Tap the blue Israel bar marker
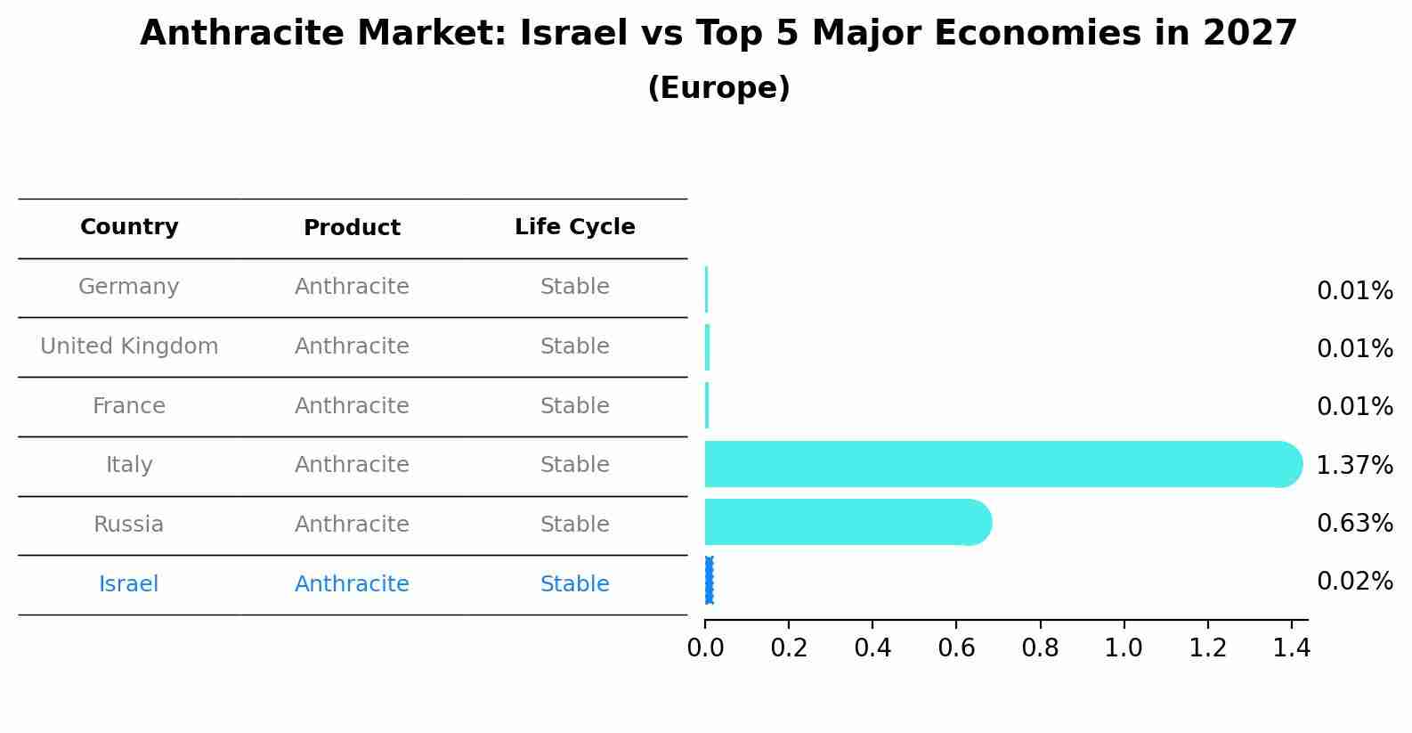point(709,581)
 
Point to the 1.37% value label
point(1354,465)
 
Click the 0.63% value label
point(1354,524)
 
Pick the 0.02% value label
point(1354,582)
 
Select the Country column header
point(129,227)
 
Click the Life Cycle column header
point(574,227)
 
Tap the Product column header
point(352,228)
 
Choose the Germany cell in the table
point(129,287)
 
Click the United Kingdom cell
point(129,346)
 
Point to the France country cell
point(129,406)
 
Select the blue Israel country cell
point(129,584)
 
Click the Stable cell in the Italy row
point(574,465)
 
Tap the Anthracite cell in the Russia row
point(352,525)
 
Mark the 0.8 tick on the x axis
point(1040,648)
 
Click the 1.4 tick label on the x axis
point(1291,648)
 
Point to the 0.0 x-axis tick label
point(705,648)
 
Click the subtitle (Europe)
point(718,88)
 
